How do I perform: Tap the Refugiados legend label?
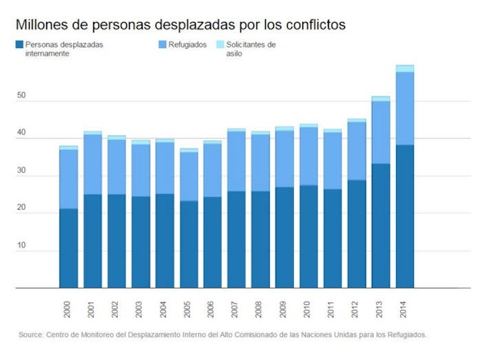coord(187,45)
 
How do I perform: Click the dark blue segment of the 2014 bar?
coord(405,216)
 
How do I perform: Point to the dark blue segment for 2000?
coord(68,248)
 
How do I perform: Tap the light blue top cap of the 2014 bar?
coord(405,68)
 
